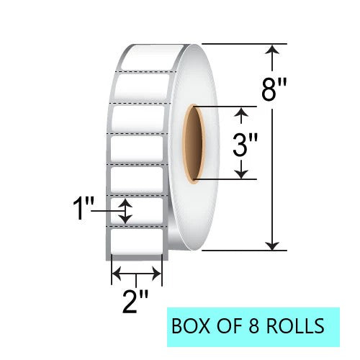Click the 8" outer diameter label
click(x=274, y=90)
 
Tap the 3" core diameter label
click(x=245, y=145)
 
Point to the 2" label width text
click(x=135, y=302)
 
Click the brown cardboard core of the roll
click(x=194, y=144)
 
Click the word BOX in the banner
click(x=191, y=325)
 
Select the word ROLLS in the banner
click(x=295, y=325)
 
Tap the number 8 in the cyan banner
click(x=254, y=325)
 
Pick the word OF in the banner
click(x=229, y=325)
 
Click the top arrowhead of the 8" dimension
click(x=272, y=49)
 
